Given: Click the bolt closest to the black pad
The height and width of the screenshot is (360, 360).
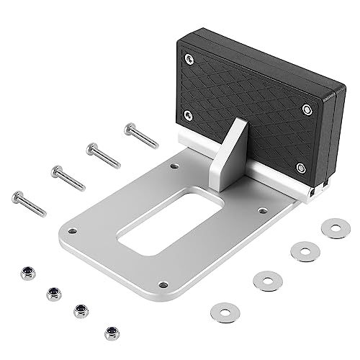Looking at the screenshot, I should pos(140,134).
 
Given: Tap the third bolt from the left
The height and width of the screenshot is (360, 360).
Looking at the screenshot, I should pos(103,154).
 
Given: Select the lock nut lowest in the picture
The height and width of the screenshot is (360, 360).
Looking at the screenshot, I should pos(111,333).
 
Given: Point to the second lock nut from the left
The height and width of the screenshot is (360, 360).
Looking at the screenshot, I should pos(53,293).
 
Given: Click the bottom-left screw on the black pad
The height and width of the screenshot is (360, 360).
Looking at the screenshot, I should pos(189,114).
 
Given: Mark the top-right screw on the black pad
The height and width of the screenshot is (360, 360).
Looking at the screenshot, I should pos(307,109).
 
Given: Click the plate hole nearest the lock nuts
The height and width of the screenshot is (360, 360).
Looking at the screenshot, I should pos(71,232).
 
